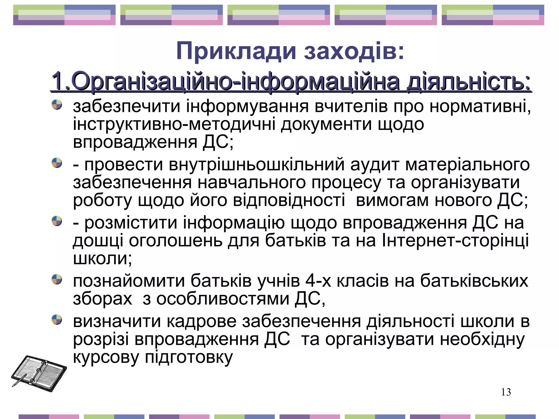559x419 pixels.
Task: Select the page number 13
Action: [506, 392]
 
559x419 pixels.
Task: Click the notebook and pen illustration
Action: [39, 373]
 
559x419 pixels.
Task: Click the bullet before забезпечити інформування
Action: [57, 105]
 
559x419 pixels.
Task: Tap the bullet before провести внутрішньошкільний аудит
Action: [57, 163]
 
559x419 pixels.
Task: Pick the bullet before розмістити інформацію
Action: [57, 221]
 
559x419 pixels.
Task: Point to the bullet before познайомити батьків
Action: [57, 279]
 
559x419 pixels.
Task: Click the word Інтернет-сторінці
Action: [455, 240]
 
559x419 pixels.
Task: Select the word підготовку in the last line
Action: [189, 357]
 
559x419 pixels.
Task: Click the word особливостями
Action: [222, 299]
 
